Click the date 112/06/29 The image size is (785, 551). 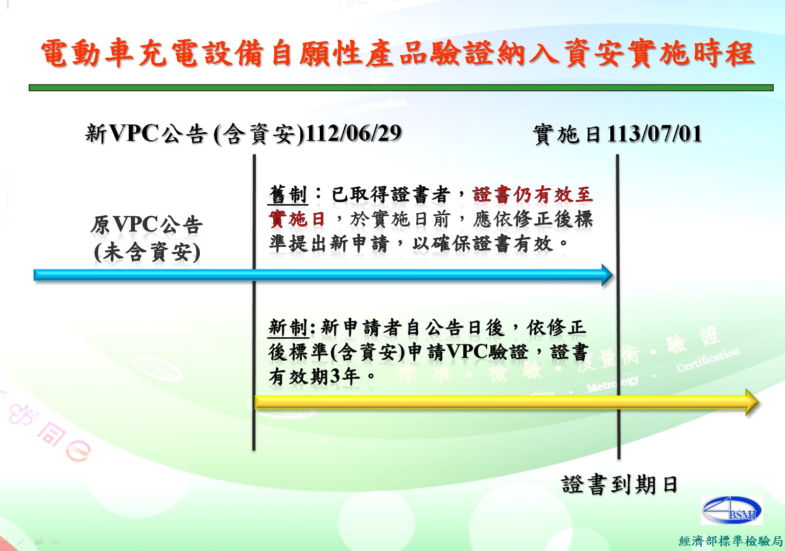[x=353, y=133]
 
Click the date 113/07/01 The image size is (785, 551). [x=654, y=134]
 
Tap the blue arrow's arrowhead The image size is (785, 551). [x=607, y=275]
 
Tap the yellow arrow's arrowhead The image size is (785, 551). [x=752, y=402]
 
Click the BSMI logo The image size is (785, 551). [x=731, y=510]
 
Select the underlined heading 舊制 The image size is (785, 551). [x=288, y=194]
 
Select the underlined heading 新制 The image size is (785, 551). [x=288, y=328]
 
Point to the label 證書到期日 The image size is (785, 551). [x=619, y=485]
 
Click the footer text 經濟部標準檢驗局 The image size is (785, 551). [x=731, y=541]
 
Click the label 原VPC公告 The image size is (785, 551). [x=147, y=224]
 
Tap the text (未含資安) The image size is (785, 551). [x=147, y=252]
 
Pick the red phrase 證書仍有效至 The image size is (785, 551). [x=533, y=194]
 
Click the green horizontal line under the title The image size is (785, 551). [x=401, y=88]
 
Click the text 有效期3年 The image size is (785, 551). [x=314, y=377]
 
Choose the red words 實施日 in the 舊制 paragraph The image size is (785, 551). [x=297, y=219]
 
